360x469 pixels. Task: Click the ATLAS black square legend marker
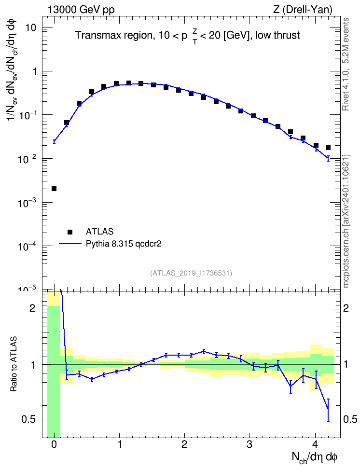click(70, 232)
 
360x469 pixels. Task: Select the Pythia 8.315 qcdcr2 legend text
click(124, 244)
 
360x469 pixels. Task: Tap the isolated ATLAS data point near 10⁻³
click(54, 189)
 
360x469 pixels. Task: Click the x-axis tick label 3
click(249, 444)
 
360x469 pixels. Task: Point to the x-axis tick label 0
click(54, 444)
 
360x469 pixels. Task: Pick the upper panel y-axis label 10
click(30, 28)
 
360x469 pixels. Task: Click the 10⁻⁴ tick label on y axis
click(27, 246)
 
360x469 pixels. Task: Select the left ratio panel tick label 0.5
click(28, 420)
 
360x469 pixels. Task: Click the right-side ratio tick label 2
click(346, 308)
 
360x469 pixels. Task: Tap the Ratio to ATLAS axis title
click(14, 364)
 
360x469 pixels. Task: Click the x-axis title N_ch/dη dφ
click(315, 457)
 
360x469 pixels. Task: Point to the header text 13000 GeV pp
click(81, 10)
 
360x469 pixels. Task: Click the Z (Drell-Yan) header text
click(303, 10)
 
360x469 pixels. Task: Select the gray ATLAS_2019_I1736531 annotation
click(191, 273)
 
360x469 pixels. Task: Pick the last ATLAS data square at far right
click(328, 148)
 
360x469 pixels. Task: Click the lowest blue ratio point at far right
click(328, 409)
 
